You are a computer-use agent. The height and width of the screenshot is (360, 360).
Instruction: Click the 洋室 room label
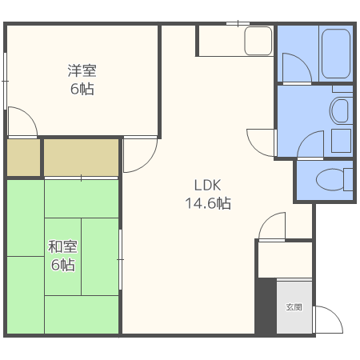point(82,71)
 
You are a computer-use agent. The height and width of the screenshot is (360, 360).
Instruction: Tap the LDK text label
point(207,186)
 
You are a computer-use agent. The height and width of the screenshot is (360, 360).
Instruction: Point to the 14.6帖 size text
point(208,203)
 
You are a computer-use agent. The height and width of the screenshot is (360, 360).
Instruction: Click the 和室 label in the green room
point(62,246)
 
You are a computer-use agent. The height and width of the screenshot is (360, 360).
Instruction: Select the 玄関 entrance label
point(294,307)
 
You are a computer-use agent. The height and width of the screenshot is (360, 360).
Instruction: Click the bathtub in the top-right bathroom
point(336,54)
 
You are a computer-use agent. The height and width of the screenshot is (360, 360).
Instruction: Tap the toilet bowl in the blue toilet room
point(330,179)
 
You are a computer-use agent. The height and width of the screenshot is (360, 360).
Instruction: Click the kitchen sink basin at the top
point(258,41)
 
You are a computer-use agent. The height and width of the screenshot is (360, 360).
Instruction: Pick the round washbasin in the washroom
point(339,110)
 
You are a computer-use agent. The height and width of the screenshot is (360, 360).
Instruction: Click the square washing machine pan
point(341,141)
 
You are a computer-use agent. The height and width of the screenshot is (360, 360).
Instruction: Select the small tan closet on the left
point(23,158)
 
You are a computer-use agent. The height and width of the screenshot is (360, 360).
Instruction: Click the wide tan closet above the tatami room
point(81,158)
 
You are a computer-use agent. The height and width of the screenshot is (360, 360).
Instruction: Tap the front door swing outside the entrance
point(328,319)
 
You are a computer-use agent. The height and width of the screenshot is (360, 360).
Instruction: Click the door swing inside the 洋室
point(23,122)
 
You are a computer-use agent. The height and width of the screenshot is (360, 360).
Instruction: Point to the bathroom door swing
point(297,67)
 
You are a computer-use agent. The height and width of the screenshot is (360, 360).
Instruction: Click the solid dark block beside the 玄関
point(266,306)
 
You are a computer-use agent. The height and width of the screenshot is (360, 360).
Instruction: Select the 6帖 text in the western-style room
point(82,89)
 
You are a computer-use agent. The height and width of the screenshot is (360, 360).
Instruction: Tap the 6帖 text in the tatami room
point(63,265)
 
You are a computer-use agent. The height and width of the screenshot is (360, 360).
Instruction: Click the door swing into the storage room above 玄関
point(272,226)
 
